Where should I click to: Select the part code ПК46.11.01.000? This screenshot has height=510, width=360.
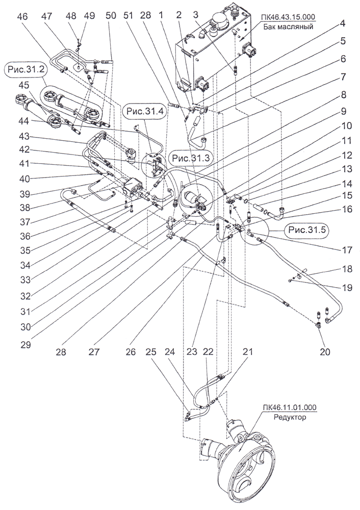pos(289,407)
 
